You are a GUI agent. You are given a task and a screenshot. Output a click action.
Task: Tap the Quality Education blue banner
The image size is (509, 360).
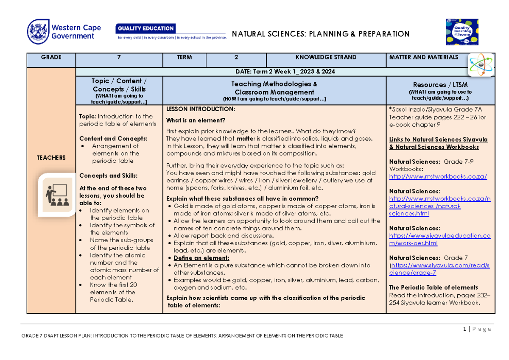(x=145, y=28)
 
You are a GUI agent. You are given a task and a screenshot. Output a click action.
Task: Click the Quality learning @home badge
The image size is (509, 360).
(x=461, y=32)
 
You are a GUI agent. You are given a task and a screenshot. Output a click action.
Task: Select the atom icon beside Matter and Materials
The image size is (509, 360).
(x=481, y=64)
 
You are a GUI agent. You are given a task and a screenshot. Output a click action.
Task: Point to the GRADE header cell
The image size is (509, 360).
(x=51, y=57)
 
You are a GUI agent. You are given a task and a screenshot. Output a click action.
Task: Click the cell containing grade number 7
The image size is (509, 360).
(x=119, y=57)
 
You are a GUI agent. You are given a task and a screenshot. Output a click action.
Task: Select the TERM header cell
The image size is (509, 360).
(x=185, y=57)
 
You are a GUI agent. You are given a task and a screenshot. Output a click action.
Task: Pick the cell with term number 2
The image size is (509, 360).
(x=236, y=57)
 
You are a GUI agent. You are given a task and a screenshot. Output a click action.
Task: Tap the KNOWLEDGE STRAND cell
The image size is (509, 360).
(x=326, y=57)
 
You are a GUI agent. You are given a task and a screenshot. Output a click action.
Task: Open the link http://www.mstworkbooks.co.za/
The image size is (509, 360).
(x=438, y=176)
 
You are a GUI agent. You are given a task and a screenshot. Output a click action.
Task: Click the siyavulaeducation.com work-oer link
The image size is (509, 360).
(x=439, y=240)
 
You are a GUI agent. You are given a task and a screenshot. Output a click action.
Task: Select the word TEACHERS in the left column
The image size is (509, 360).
(x=51, y=158)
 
